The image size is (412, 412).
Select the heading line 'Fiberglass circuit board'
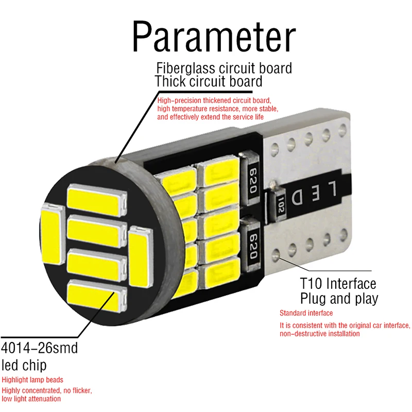pos(224,68)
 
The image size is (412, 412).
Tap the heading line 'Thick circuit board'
pos(209,81)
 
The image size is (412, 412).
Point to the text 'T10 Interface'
pos(338,283)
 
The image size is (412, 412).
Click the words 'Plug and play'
pos(339,298)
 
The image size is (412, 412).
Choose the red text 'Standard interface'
pos(306,313)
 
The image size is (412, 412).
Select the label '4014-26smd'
pos(40,348)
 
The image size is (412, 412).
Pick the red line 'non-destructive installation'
pos(320,334)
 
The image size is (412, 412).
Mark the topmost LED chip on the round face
pos(97,198)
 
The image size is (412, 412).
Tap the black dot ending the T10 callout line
pos(279,253)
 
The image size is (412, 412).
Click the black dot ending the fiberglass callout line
pos(117,161)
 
